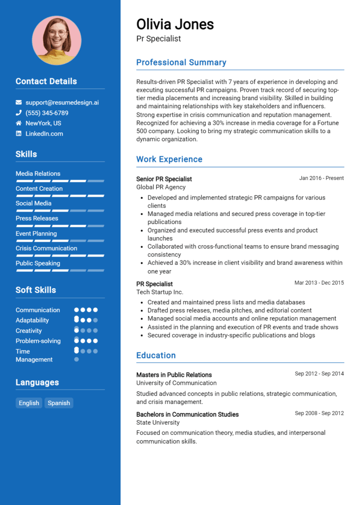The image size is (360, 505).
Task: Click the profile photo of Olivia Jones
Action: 56,40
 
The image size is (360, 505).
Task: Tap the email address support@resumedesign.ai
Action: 62,103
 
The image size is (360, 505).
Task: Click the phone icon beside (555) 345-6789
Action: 19,113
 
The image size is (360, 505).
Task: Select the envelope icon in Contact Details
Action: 19,103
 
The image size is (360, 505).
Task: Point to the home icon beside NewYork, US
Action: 19,123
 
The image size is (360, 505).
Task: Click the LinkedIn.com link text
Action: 44,134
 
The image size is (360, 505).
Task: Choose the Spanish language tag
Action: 59,403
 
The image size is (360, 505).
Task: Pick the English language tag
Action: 29,403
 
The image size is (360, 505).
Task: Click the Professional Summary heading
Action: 181,62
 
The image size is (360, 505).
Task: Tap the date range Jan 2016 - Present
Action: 321,178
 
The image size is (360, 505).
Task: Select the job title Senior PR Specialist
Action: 164,179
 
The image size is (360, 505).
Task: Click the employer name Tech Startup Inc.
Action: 159,292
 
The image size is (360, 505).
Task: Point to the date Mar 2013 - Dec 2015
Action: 319,283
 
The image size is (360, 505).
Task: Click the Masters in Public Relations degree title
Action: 174,375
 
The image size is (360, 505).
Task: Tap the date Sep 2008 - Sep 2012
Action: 319,413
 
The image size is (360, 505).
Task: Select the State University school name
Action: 158,423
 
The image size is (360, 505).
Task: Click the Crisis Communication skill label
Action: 46,248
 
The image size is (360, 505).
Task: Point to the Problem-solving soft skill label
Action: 38,341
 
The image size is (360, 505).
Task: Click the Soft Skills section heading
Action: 36,290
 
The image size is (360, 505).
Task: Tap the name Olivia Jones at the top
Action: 175,24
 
